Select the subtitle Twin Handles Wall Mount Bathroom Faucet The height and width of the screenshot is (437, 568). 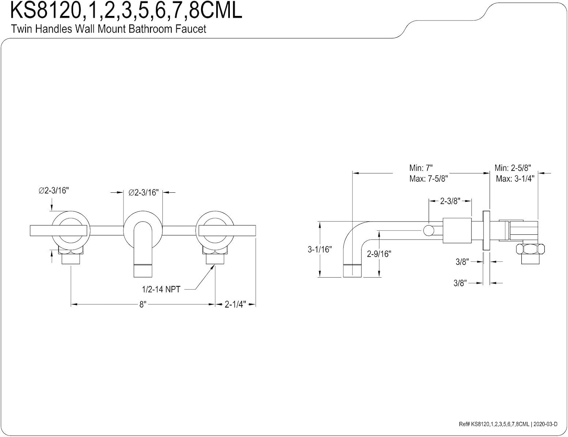pos(108,29)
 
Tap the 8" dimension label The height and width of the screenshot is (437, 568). pos(143,304)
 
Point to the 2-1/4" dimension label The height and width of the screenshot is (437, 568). pos(235,304)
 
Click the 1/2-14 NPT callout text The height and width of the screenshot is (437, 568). pos(161,289)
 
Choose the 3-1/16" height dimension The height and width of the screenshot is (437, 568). pos(320,249)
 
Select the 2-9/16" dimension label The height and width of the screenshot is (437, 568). pos(379,253)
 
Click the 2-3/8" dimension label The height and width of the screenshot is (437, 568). pos(450,201)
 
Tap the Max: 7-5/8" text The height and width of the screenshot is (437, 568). pos(428,179)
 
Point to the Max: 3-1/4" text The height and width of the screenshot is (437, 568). pos(515,179)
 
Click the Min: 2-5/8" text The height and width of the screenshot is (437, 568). pos(513,168)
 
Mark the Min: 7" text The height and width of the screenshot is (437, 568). pos(421,168)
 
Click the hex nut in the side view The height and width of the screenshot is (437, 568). pos(531,248)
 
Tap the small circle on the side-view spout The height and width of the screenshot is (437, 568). pos(429,231)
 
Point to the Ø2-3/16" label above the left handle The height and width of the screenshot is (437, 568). pos(54,191)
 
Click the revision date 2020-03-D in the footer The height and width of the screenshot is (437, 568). pos(545,424)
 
